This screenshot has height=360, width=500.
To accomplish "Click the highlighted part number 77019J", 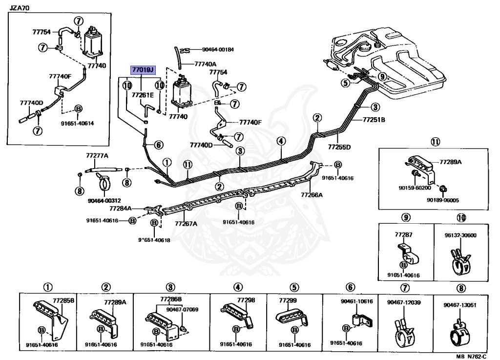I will (142, 70).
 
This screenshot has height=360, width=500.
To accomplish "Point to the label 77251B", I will (374, 119).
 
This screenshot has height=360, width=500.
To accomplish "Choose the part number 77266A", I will (312, 194).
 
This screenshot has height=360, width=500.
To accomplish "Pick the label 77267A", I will (186, 224).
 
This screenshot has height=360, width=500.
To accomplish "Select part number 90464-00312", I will (105, 200).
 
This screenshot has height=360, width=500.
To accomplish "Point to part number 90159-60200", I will (406, 188).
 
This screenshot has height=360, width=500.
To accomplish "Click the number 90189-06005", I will (443, 200).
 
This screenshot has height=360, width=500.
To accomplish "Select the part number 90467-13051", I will (460, 305).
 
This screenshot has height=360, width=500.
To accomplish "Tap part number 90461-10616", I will (356, 301).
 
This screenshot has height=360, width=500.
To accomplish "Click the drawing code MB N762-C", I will (473, 356).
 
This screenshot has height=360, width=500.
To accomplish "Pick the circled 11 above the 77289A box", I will (435, 142).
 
